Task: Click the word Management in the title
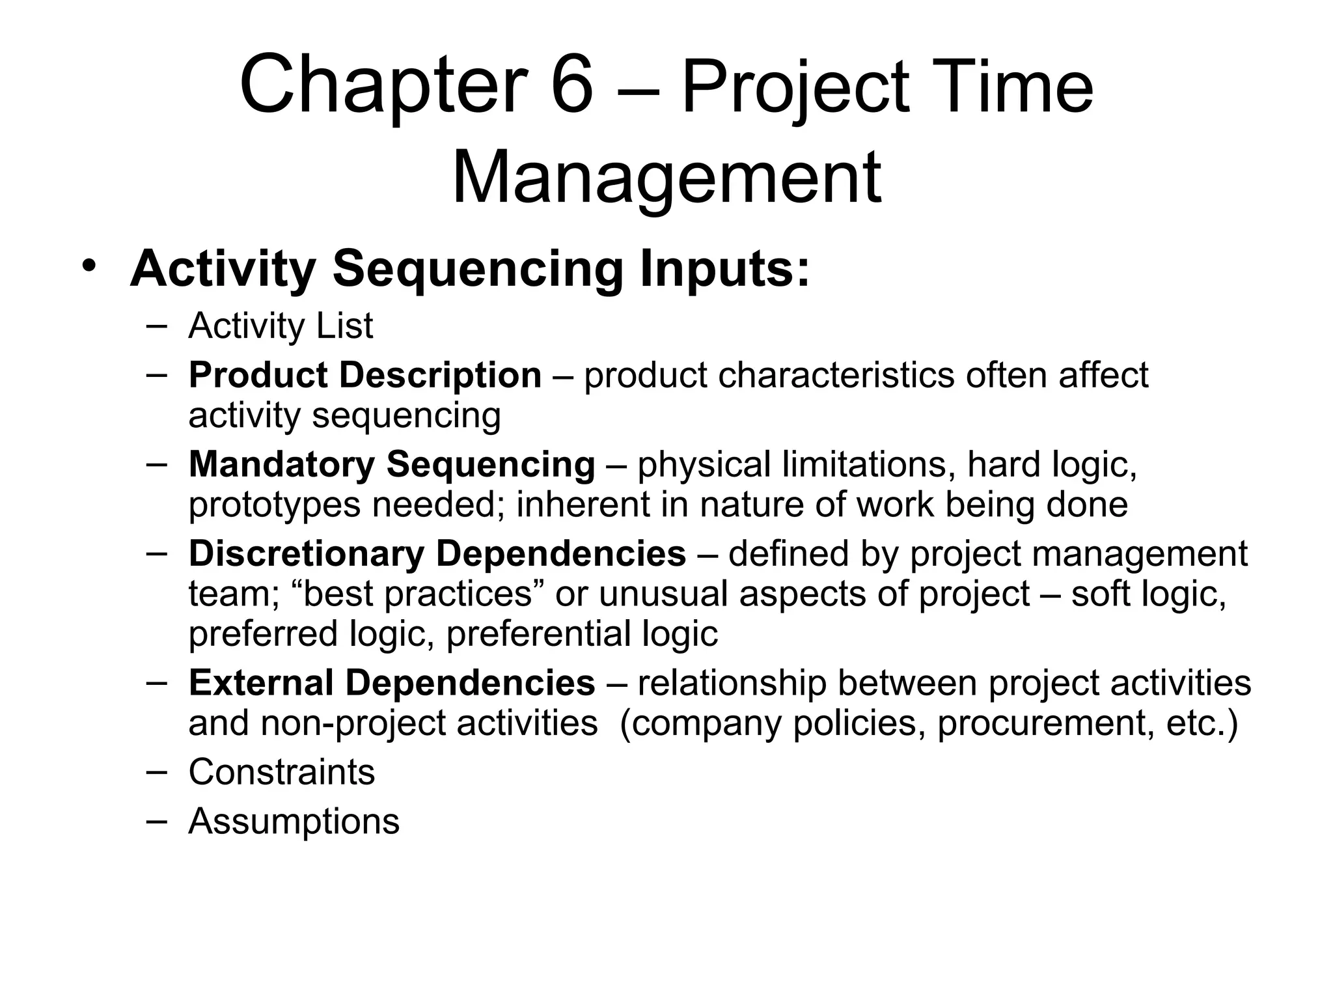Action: click(x=666, y=177)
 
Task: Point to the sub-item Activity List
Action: click(x=281, y=326)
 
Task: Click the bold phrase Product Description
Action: click(x=364, y=375)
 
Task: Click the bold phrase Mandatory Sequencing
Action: click(x=392, y=464)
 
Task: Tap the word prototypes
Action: click(x=274, y=505)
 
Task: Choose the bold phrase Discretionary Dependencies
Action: click(x=437, y=553)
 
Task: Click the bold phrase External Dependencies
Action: click(x=392, y=682)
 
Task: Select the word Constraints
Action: click(x=281, y=772)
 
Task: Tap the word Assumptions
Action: click(x=294, y=821)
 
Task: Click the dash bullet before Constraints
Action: click(x=156, y=771)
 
